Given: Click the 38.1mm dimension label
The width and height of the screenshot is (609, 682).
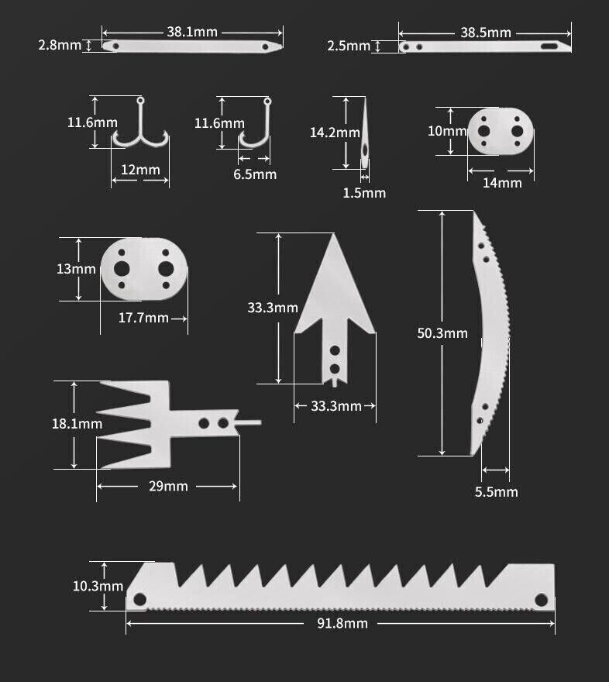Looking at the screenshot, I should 192,32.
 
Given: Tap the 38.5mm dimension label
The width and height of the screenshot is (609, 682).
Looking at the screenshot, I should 486,33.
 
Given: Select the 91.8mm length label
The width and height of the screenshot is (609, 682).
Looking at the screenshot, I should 341,623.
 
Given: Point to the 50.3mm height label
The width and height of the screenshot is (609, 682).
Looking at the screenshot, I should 442,333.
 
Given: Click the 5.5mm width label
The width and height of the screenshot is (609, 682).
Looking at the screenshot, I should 496,492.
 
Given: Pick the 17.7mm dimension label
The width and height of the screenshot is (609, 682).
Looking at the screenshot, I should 143,318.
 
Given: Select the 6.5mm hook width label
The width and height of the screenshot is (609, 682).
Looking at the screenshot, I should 255,174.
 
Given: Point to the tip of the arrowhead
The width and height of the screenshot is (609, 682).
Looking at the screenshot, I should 334,236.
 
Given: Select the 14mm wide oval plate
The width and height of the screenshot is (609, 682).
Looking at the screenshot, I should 501,131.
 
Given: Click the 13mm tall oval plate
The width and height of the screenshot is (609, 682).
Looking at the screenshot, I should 143,268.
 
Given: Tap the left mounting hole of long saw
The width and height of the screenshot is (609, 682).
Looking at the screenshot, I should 139,599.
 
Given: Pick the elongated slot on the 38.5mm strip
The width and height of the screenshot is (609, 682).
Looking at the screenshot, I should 552,46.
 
